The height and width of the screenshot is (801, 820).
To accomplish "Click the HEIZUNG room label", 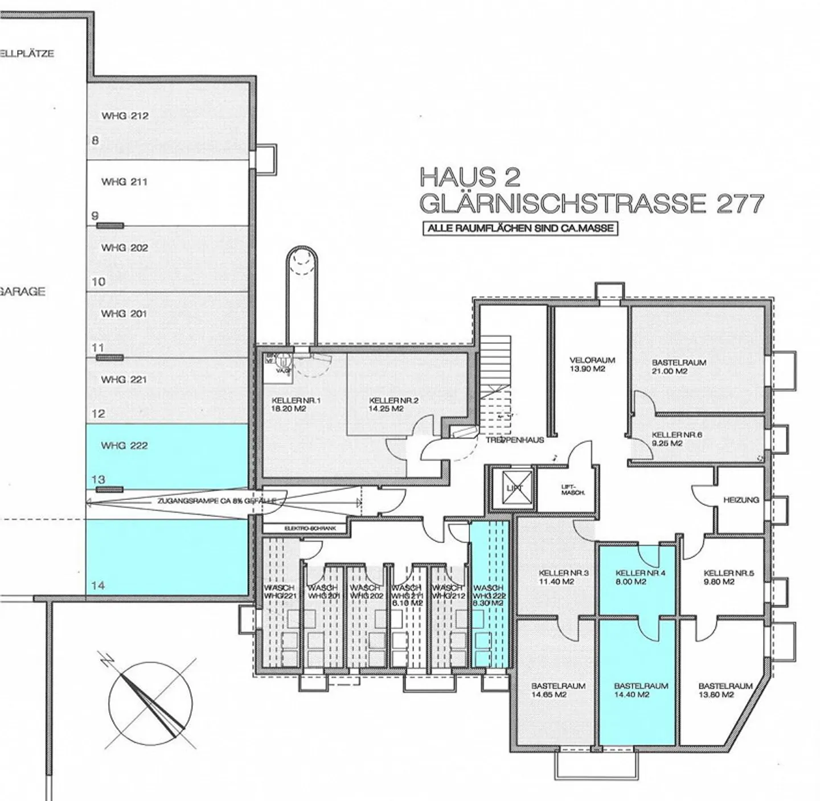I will [x=741, y=500].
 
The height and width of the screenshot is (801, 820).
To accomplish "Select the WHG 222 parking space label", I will [x=124, y=445].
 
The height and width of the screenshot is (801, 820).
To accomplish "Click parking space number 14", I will [x=98, y=585].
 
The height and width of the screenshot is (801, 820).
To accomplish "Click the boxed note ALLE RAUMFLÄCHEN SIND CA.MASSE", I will [x=520, y=228].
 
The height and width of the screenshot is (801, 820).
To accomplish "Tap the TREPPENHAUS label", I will [x=515, y=440].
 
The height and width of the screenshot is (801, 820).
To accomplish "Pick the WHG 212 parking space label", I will [x=125, y=116].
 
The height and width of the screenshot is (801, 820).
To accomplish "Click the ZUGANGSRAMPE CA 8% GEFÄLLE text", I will [x=217, y=501].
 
